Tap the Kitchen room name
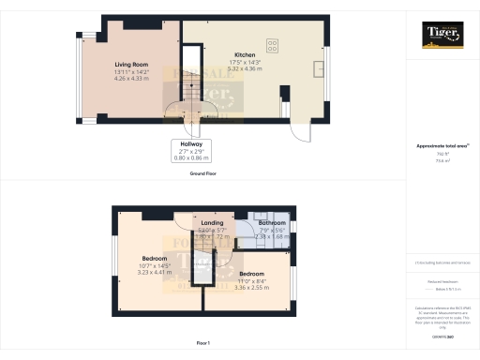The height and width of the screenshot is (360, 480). click(x=220, y=54)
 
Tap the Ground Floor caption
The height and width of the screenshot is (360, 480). click(x=203, y=173)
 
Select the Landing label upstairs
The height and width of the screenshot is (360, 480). click(x=212, y=223)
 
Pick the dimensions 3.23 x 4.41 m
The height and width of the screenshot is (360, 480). click(x=155, y=271)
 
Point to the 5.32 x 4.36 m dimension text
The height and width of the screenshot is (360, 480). click(x=220, y=67)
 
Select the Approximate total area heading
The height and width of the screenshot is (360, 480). click(x=442, y=146)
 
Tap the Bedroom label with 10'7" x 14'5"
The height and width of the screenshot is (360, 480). click(x=155, y=258)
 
